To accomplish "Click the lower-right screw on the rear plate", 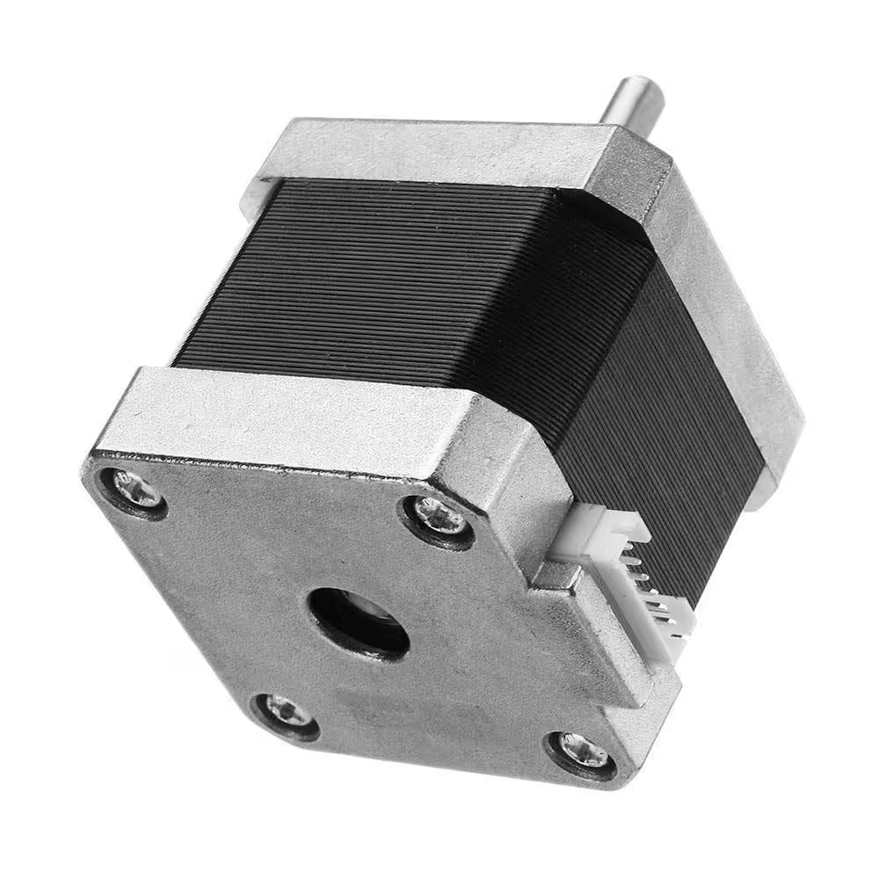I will point(580,751).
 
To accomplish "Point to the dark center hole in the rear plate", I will point(358,622).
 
